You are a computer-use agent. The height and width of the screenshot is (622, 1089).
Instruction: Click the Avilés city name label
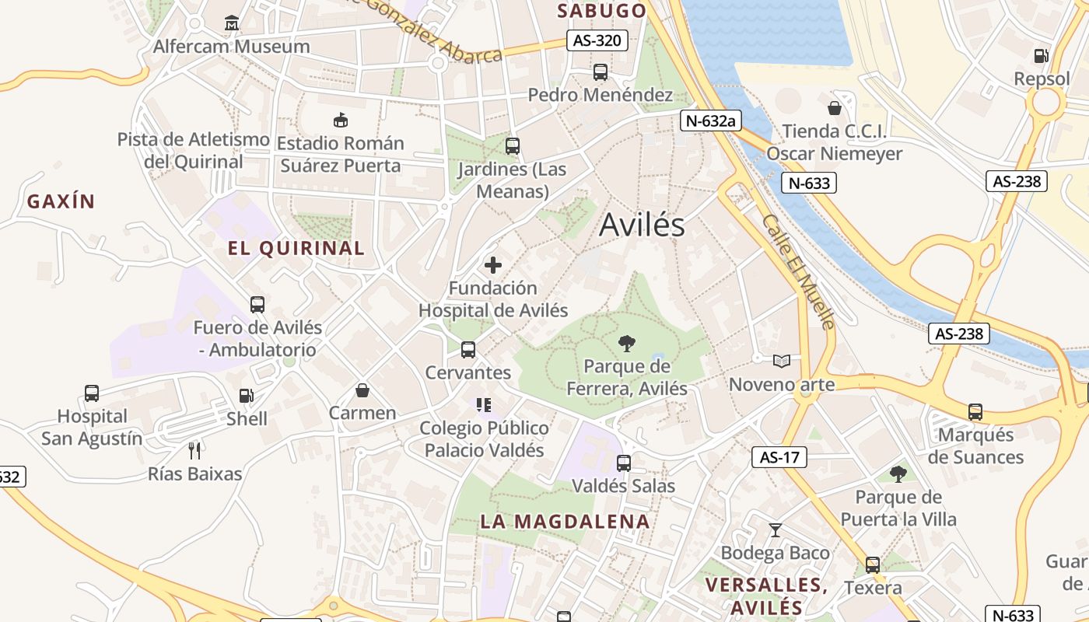click(x=642, y=225)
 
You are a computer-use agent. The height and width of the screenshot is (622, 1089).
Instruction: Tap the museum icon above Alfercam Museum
click(x=231, y=23)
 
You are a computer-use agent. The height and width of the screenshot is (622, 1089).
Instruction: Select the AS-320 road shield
click(x=597, y=40)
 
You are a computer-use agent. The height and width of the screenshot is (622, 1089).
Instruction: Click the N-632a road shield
click(x=709, y=121)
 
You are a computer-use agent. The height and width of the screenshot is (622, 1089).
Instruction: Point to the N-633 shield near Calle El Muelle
click(x=809, y=183)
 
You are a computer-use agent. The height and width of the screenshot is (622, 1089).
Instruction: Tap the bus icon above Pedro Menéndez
click(x=600, y=72)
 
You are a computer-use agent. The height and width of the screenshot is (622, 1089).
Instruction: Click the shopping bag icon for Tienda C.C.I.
click(x=835, y=108)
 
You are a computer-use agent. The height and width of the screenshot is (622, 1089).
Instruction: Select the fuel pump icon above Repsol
click(x=1041, y=56)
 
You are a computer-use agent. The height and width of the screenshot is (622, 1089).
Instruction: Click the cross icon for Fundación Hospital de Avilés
click(x=493, y=265)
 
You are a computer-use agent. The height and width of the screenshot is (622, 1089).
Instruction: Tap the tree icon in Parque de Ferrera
click(x=626, y=343)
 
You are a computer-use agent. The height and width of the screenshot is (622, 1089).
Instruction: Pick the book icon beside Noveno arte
click(x=782, y=361)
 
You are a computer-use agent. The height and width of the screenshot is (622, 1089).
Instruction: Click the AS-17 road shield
click(x=779, y=457)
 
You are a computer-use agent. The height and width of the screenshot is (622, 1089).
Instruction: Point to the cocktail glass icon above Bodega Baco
click(x=775, y=530)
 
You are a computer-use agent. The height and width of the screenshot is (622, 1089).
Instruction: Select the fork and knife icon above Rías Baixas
click(x=194, y=450)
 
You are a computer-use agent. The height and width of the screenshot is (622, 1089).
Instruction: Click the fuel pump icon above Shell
click(x=246, y=396)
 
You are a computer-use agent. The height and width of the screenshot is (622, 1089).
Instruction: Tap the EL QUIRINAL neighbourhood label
click(x=296, y=249)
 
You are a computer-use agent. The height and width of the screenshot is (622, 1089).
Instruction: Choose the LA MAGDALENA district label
click(x=565, y=521)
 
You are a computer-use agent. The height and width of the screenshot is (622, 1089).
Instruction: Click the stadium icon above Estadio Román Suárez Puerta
click(x=340, y=120)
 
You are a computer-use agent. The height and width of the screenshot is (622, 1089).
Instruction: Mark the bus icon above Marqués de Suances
click(x=975, y=411)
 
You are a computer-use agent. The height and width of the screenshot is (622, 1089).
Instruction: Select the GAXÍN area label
click(x=61, y=202)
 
